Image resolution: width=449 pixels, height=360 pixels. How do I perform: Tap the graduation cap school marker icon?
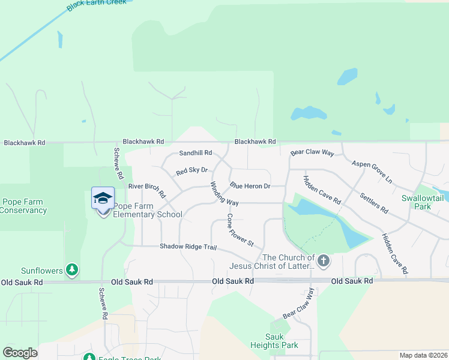coord(103,198)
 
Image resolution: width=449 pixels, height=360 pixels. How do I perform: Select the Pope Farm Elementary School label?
coord(148,210)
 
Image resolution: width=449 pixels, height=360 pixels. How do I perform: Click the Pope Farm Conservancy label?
coord(23,206)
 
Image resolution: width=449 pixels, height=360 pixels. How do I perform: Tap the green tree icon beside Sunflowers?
coord(72,271)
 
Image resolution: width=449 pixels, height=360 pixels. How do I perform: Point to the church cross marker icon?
coord(324,260)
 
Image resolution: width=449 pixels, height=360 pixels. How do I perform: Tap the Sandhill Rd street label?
coord(196,153)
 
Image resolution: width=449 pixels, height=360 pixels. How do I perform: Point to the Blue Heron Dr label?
coord(250,186)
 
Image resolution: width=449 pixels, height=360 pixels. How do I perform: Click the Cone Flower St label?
coord(241,229)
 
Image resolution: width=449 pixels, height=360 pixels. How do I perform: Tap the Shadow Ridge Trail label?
coord(187,247)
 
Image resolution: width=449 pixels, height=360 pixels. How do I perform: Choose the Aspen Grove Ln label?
coord(372,172)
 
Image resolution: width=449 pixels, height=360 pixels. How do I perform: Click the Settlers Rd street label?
coord(374,203)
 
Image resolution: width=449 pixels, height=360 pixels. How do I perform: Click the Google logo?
coord(20,353)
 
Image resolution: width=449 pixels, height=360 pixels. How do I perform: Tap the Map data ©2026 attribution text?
coord(423,355)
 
